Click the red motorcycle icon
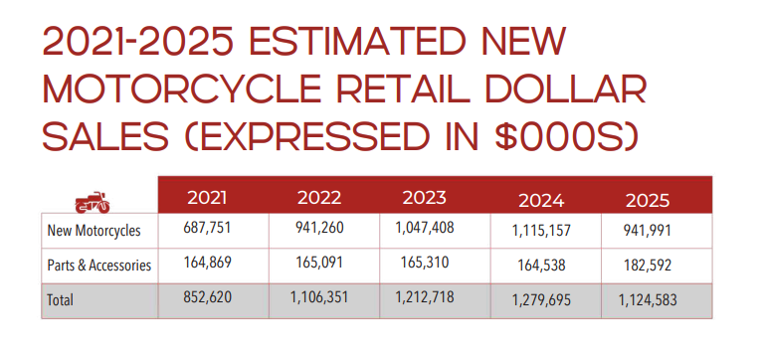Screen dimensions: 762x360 93,202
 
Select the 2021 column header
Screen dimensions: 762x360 207,198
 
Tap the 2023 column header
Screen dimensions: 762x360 424,197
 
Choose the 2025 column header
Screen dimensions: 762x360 648,201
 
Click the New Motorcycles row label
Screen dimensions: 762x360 94,231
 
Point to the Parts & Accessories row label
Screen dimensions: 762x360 99,266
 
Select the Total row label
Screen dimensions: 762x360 61,299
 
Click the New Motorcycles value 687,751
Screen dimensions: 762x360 208,228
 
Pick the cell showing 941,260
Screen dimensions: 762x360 319,228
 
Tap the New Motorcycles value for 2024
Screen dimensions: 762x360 541,232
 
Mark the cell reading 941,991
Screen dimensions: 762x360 648,231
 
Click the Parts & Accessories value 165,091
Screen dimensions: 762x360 319,263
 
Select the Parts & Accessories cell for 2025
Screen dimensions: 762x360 648,266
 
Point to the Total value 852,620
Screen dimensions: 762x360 208,297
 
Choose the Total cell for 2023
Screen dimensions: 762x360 425,296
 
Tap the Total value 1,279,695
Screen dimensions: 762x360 541,300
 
